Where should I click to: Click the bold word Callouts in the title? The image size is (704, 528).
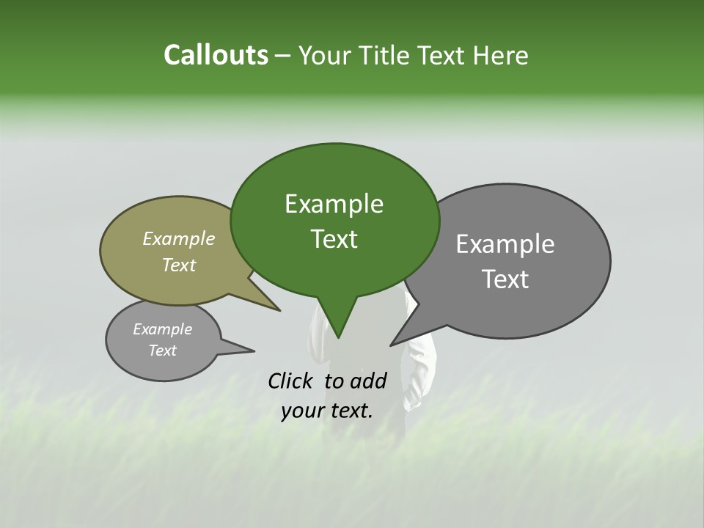(216, 55)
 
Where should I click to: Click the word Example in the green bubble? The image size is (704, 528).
(334, 204)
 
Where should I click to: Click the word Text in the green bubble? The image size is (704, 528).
(334, 239)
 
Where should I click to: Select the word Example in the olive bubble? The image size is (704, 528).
(179, 238)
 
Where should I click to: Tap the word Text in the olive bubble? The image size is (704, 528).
(179, 265)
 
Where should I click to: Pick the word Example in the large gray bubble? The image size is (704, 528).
(505, 244)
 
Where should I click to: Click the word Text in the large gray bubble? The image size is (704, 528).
(505, 279)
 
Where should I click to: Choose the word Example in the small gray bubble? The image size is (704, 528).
(162, 329)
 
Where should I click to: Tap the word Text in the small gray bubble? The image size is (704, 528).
(162, 351)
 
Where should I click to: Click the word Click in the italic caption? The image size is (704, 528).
(293, 381)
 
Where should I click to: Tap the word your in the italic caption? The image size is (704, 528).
(301, 411)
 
